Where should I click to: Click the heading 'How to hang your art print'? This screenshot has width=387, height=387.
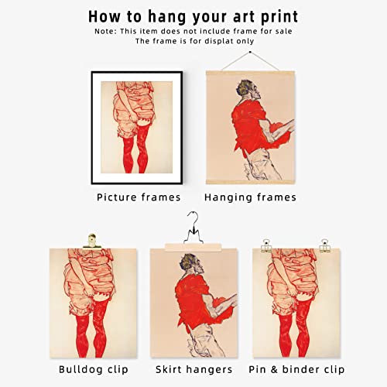tap(193, 15)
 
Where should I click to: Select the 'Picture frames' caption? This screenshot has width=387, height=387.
tap(139, 197)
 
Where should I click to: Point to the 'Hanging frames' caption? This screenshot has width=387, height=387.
tap(251, 197)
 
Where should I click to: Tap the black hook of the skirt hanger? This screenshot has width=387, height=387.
tap(193, 224)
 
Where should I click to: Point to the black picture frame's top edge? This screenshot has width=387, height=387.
tap(138, 73)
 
